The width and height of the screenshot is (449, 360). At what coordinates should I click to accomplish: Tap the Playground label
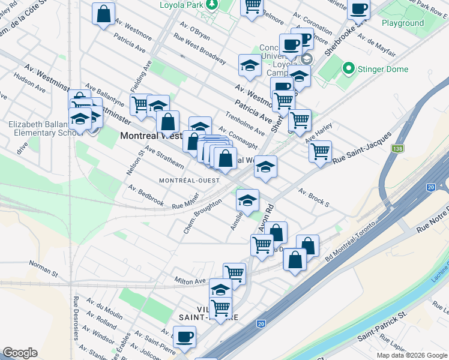[x=403, y=23]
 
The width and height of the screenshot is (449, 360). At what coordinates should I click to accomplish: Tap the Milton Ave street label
[x=190, y=280]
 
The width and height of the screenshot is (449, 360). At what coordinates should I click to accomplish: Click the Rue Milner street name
[x=185, y=206]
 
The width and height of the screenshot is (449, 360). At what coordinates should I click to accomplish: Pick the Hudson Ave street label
[x=30, y=84]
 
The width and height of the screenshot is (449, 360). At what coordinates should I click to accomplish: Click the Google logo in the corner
[x=20, y=353]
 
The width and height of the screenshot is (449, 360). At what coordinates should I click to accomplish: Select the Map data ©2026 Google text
[x=412, y=355]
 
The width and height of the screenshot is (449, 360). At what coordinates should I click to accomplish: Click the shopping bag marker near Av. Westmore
[x=104, y=13]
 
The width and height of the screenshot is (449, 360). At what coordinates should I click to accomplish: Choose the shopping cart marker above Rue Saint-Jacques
[x=321, y=151]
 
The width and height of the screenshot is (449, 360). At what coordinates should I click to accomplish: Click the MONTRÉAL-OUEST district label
[x=187, y=181]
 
